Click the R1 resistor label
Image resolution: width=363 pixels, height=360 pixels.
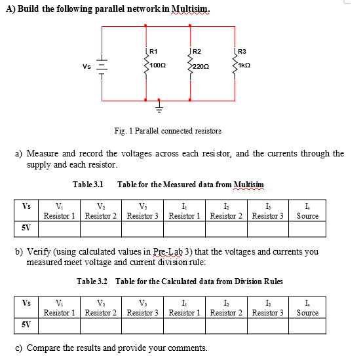tap(153, 51)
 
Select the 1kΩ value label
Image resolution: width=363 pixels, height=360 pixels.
tap(244, 67)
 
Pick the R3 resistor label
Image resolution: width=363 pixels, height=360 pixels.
tap(242, 51)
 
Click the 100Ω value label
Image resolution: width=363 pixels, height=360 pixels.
tap(157, 67)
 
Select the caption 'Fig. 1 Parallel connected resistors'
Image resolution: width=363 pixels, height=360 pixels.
tap(168, 131)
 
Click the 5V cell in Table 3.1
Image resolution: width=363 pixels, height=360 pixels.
tap(26, 228)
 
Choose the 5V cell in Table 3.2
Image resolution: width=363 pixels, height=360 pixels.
tap(26, 324)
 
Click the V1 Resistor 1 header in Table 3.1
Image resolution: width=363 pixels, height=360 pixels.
tap(60, 211)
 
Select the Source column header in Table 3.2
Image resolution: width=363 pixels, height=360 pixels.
tap(307, 308)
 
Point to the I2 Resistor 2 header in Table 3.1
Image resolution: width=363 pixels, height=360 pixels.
tap(226, 211)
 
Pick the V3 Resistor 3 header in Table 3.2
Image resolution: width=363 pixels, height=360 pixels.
tap(143, 308)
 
